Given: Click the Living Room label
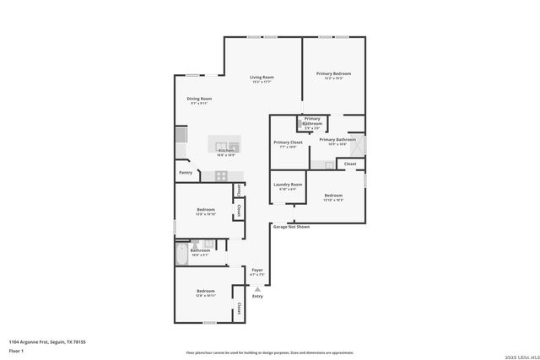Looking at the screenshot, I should (262, 79).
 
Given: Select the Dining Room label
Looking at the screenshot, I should (199, 100).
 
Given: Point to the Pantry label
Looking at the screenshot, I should (186, 173).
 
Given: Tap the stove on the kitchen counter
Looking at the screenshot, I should (222, 175).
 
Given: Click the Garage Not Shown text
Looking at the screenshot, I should (290, 227).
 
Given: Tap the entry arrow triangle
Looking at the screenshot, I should (258, 289).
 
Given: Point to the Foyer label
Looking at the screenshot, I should (257, 271).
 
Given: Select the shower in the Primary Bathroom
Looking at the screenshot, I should (359, 143).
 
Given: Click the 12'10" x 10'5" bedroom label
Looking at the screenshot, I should (333, 197).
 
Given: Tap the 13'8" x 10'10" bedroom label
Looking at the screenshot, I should (206, 212).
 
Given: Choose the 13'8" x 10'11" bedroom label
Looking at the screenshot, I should (206, 293).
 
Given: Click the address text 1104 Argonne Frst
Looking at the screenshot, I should (47, 341).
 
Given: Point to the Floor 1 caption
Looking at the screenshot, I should (16, 350).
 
